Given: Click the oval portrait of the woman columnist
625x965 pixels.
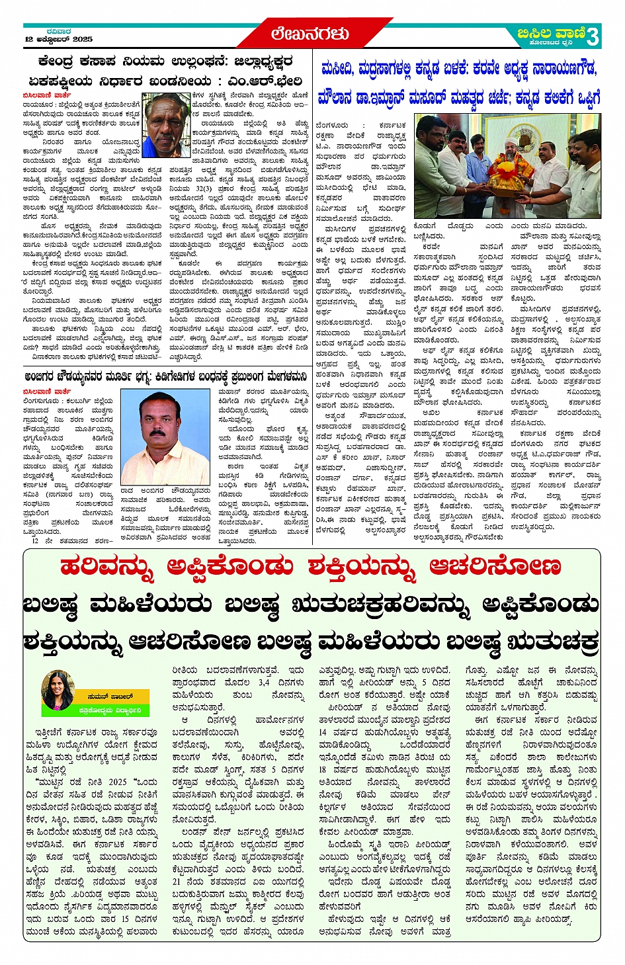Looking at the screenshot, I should [x=57, y=691].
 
